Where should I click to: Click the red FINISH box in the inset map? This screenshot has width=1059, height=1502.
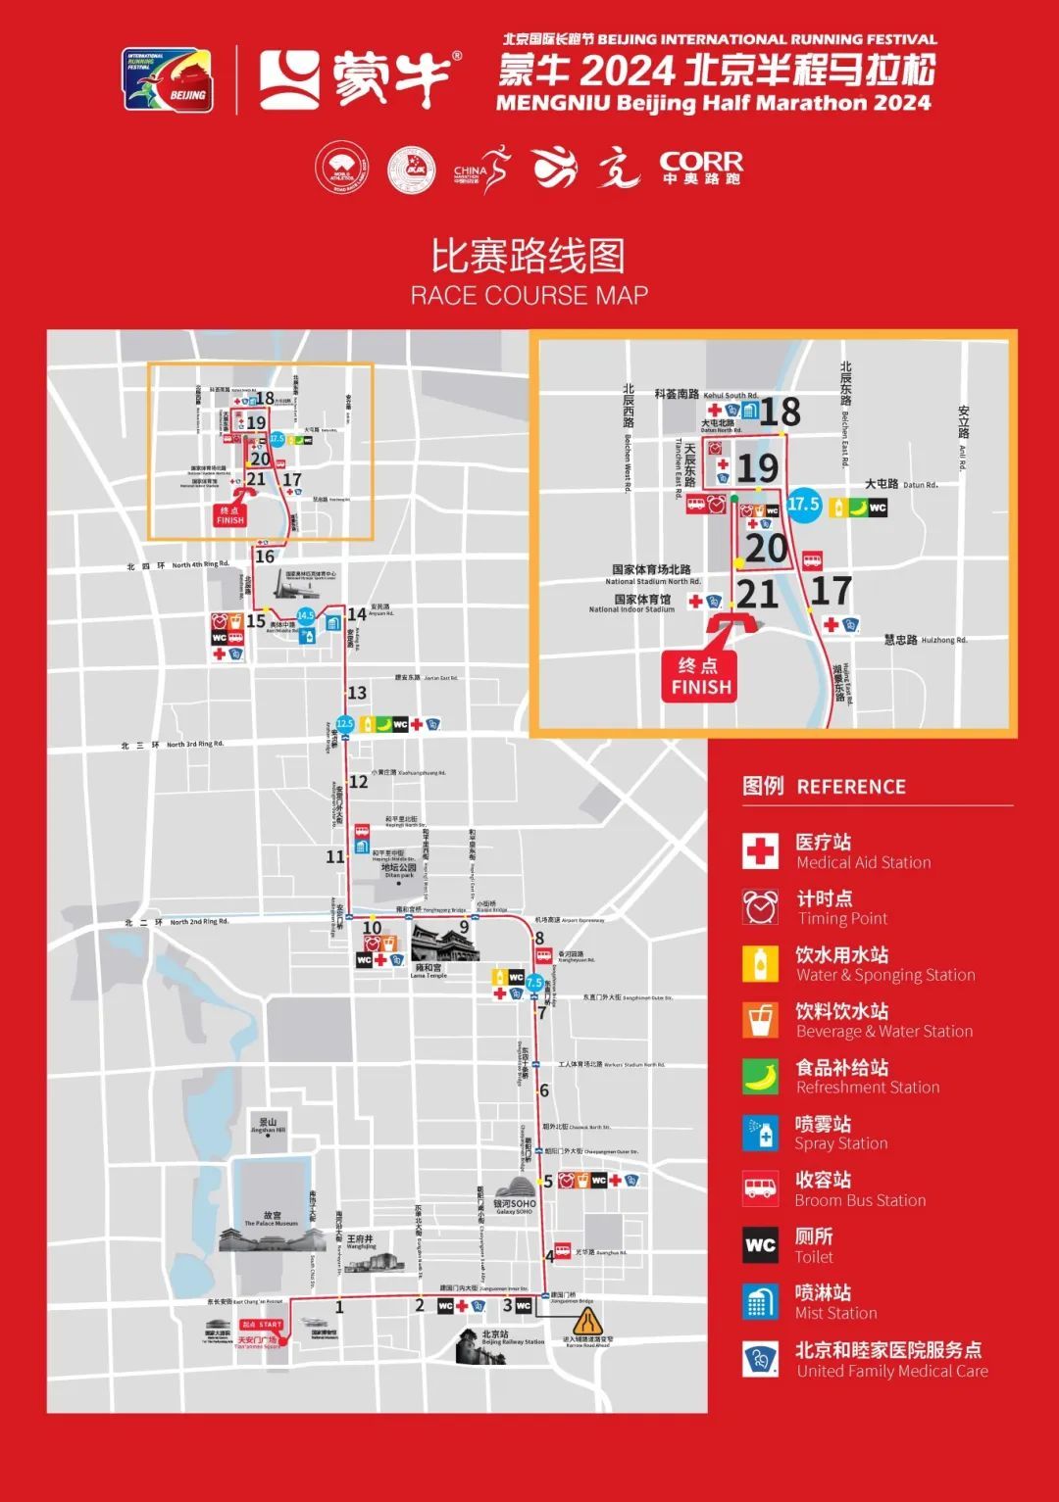point(701,677)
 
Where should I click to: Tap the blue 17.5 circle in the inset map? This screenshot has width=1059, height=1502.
point(803,505)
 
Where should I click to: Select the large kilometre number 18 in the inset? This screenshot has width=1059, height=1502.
point(781,412)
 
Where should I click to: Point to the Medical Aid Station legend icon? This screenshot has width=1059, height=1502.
point(760,851)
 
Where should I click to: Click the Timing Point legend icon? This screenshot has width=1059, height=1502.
point(760,907)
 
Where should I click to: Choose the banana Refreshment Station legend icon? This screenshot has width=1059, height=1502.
point(760,1077)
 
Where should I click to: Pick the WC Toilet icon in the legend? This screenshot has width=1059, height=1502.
point(760,1245)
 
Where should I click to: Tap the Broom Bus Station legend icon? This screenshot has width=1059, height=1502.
point(760,1188)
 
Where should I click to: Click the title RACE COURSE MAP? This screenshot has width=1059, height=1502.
point(529,295)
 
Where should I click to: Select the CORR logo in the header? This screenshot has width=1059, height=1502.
point(701,168)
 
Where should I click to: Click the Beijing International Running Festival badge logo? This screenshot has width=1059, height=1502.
point(167,80)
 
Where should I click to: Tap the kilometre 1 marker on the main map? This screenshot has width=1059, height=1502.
point(339,1306)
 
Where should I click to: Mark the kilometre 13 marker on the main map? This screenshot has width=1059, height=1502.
point(357,693)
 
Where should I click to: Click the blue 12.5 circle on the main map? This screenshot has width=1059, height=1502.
point(344,724)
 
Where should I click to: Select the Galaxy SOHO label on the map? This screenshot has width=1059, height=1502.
point(515,1206)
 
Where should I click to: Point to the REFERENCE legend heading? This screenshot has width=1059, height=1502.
point(850,787)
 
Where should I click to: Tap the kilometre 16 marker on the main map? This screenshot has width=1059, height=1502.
point(265,557)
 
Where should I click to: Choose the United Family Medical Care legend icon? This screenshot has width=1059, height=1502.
point(760,1359)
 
